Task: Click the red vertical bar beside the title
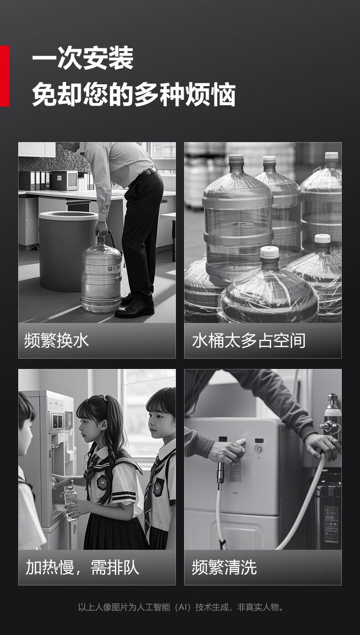[4, 76]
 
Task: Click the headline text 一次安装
[83, 59]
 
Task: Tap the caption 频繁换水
[57, 340]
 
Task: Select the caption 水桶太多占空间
[249, 340]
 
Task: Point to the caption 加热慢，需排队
[82, 567]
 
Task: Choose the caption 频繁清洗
[224, 567]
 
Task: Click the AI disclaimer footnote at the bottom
[181, 607]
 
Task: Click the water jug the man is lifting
[101, 274]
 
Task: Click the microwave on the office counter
[64, 180]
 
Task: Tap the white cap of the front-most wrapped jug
[269, 252]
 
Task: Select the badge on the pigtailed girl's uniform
[102, 482]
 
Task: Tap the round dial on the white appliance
[258, 449]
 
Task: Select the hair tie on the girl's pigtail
[105, 398]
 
